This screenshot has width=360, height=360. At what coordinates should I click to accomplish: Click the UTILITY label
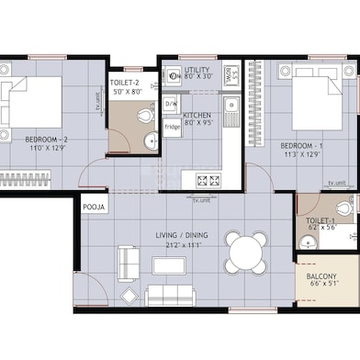tap(197, 70)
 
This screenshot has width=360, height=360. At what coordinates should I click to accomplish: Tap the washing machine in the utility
tap(233, 73)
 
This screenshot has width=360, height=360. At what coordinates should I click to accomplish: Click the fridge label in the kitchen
tap(173, 126)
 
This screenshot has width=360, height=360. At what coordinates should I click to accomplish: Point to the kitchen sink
tap(233, 111)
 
